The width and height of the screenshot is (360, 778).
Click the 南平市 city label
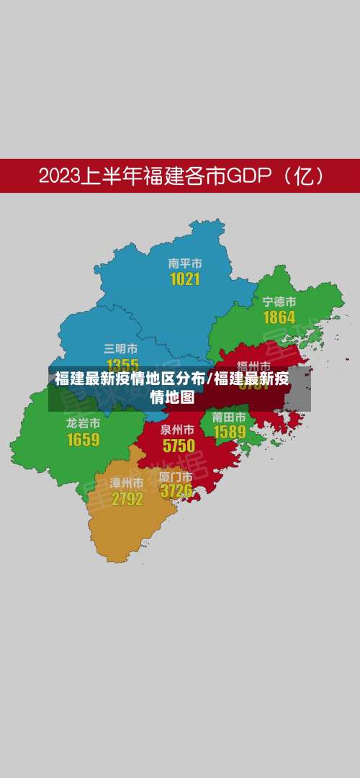(x=184, y=264)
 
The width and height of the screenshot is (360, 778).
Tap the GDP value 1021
(x=184, y=279)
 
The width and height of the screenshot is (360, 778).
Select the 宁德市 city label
(x=279, y=302)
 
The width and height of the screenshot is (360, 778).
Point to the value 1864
(x=279, y=317)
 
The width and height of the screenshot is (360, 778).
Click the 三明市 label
(x=121, y=349)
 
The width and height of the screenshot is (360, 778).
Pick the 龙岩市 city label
(x=83, y=423)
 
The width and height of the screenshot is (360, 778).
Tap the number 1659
(x=83, y=439)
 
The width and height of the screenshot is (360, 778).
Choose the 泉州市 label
(x=178, y=429)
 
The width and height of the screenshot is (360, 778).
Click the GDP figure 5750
(x=179, y=445)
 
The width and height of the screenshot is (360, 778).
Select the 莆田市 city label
(x=229, y=417)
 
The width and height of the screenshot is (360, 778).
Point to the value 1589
(x=229, y=432)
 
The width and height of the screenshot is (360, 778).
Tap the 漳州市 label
(x=127, y=482)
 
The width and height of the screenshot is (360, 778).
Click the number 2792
(x=127, y=498)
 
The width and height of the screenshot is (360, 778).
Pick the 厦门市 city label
(x=176, y=476)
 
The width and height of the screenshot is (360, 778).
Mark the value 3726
(x=176, y=492)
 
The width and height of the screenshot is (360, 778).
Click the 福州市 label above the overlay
(x=253, y=366)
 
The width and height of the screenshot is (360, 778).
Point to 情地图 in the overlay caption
(x=172, y=396)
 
